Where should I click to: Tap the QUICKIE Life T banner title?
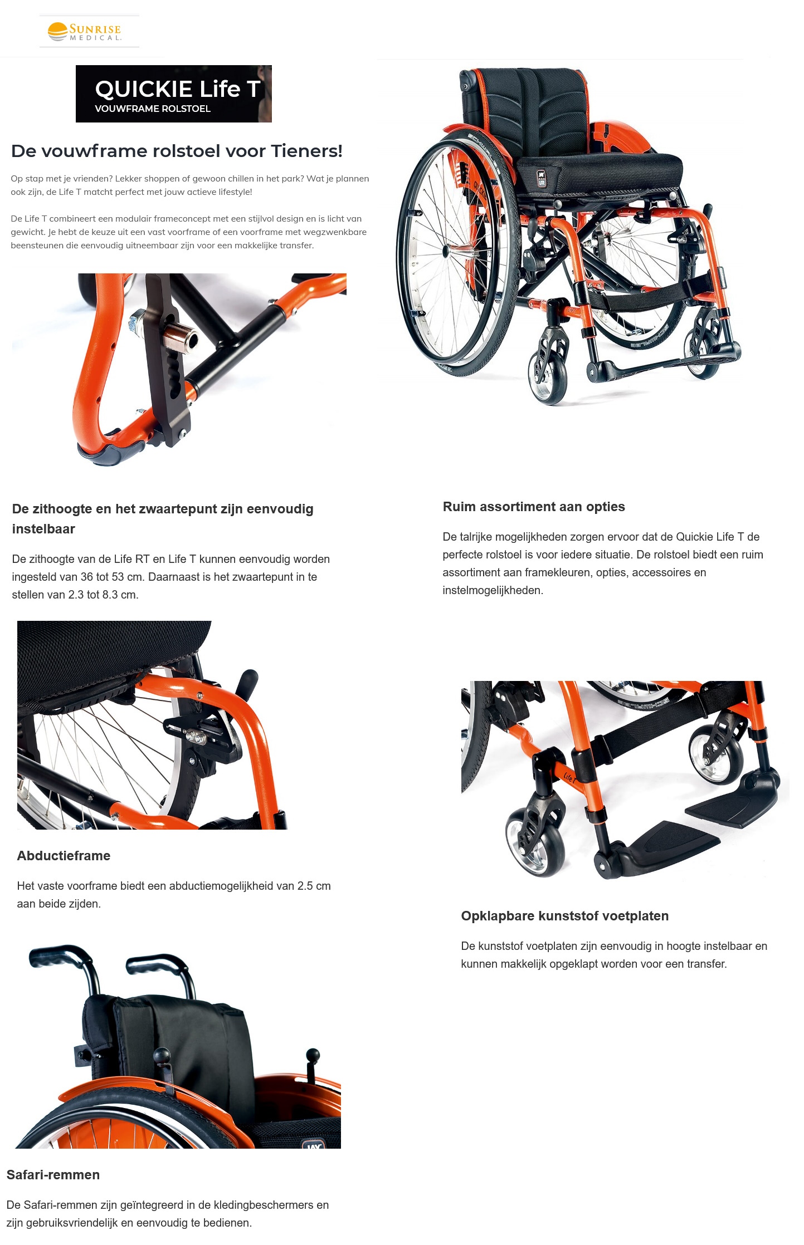tap(177, 89)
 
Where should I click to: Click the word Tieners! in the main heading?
tap(306, 151)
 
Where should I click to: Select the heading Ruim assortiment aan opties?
tap(533, 507)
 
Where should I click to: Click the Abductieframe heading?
tap(64, 856)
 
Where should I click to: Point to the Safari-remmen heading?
tap(53, 1175)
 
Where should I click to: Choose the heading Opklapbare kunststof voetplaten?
tap(564, 916)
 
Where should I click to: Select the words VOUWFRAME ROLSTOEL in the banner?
tap(153, 109)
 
